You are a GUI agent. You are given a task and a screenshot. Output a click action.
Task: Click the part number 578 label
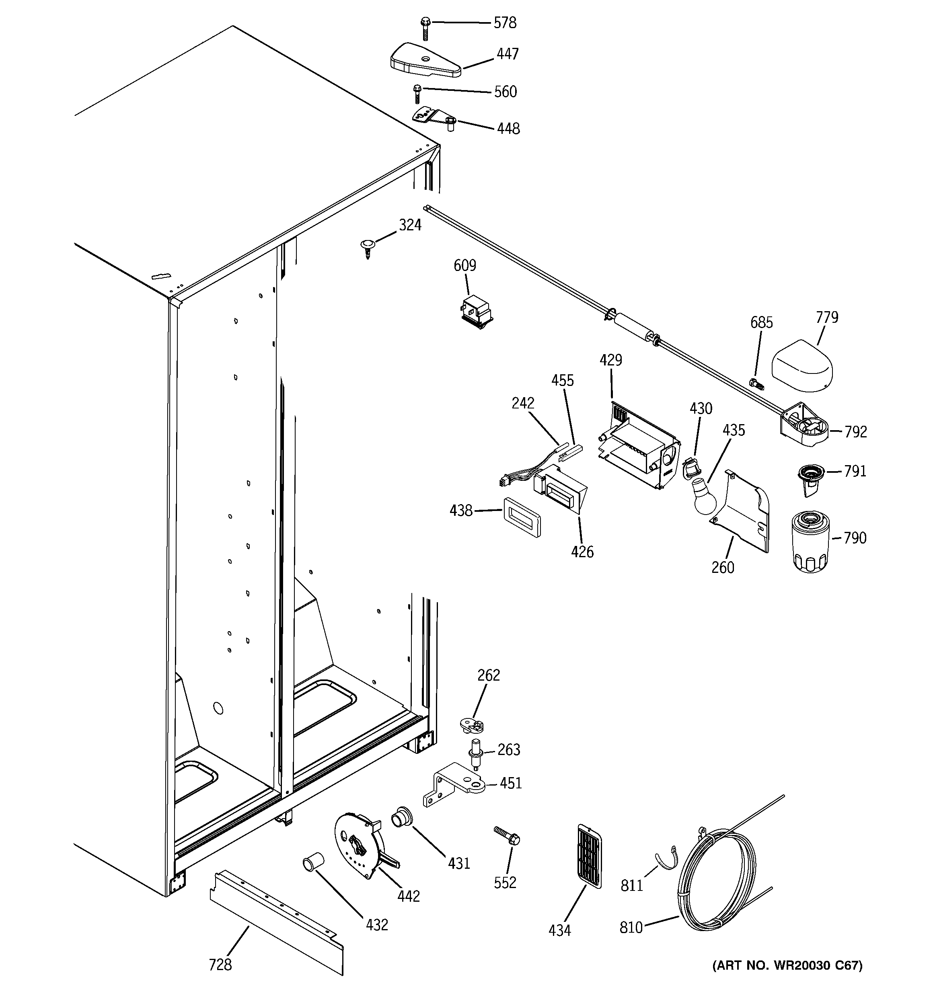[x=504, y=23]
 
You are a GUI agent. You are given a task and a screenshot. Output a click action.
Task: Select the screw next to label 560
[x=417, y=94]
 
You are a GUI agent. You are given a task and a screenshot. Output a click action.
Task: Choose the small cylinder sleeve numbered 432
[x=313, y=864]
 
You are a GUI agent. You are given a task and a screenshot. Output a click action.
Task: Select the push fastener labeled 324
[x=368, y=247]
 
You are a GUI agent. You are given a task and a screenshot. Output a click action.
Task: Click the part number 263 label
[x=509, y=750]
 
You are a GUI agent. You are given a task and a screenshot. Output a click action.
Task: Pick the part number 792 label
[x=855, y=431]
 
